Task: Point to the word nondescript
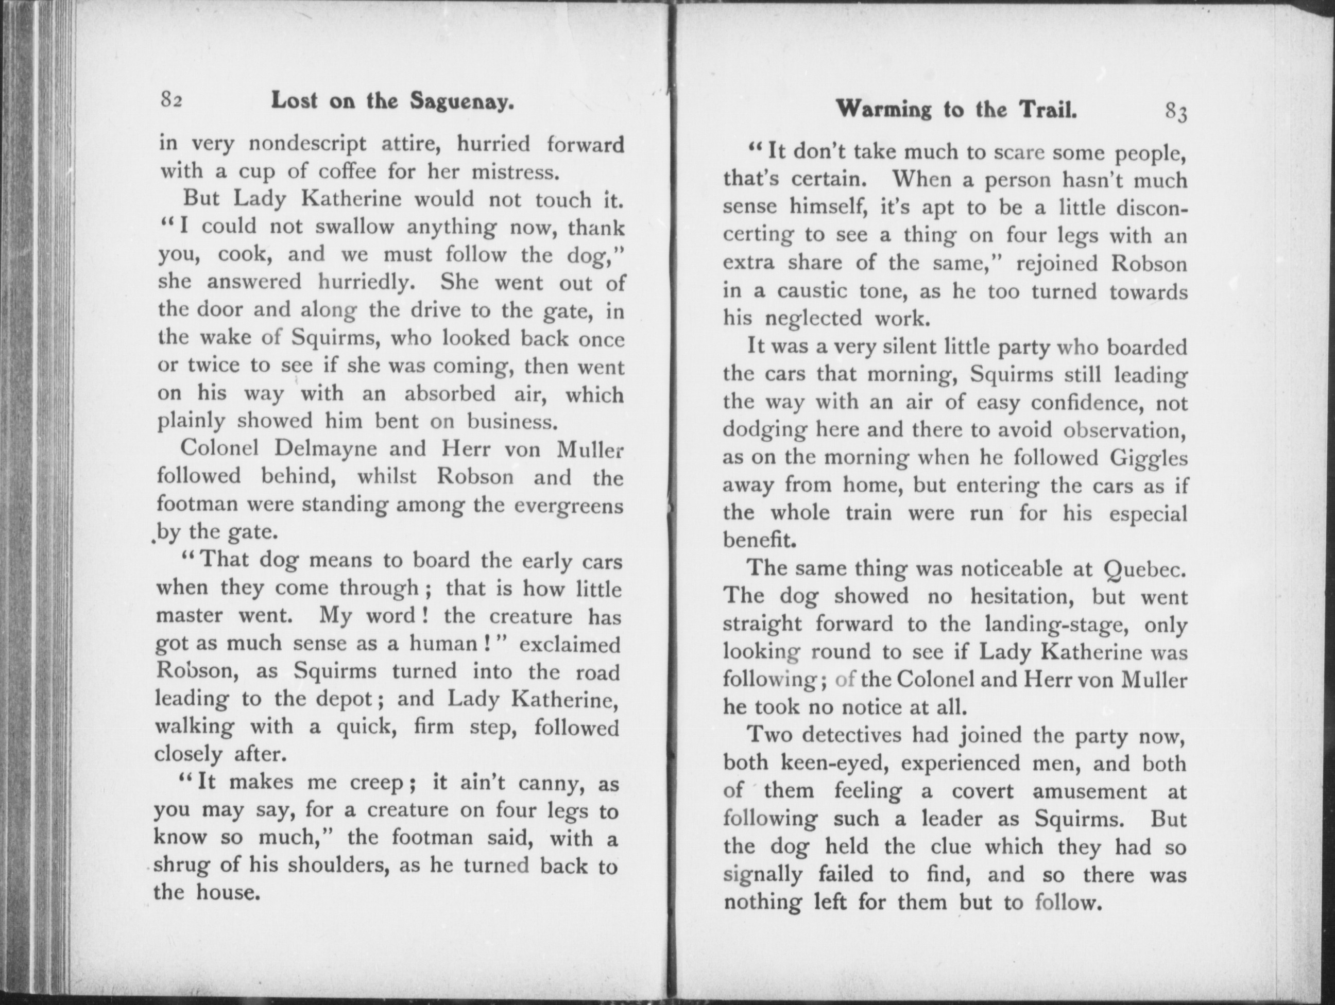(307, 145)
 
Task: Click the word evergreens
(567, 505)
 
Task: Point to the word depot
(340, 699)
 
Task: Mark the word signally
(762, 875)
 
